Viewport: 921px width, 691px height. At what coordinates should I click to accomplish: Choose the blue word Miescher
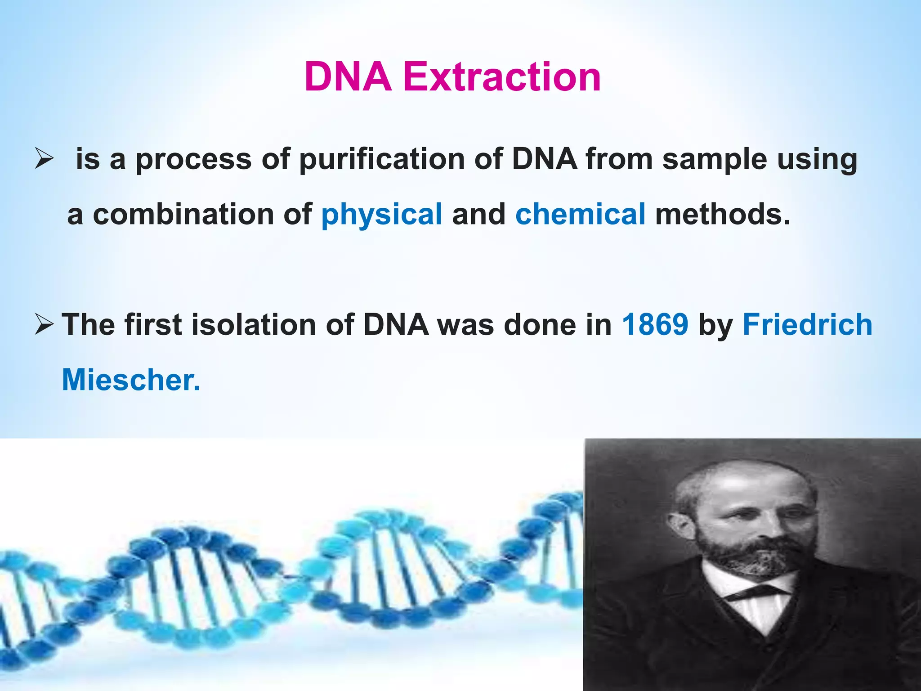click(130, 380)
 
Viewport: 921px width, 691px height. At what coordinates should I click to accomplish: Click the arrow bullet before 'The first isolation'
click(45, 325)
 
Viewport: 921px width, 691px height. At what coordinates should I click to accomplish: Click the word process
click(193, 160)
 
